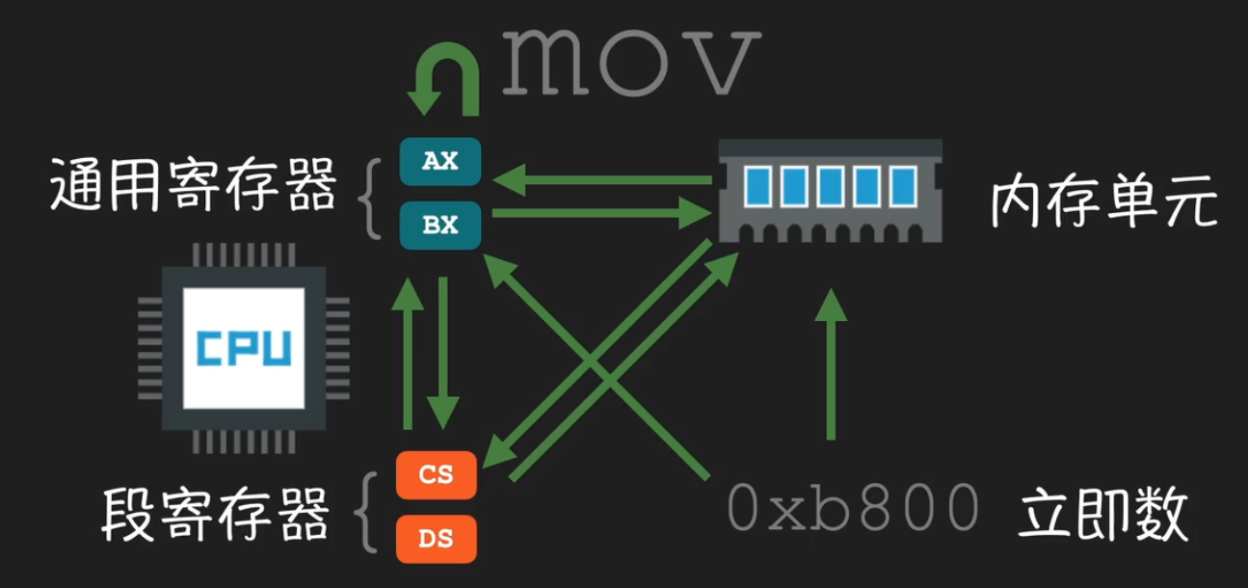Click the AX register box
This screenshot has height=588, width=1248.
(x=439, y=161)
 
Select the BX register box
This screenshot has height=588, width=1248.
(x=439, y=224)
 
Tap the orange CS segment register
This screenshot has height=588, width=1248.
(x=437, y=474)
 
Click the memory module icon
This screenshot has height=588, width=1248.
(x=830, y=188)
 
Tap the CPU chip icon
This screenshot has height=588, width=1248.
(x=243, y=348)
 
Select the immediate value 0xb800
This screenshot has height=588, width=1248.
(x=854, y=508)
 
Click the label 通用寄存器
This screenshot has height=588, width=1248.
(x=194, y=186)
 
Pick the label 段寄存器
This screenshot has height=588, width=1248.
(x=214, y=514)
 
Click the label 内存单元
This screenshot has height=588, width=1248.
(x=1104, y=204)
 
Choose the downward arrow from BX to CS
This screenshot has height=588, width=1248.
(x=442, y=352)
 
